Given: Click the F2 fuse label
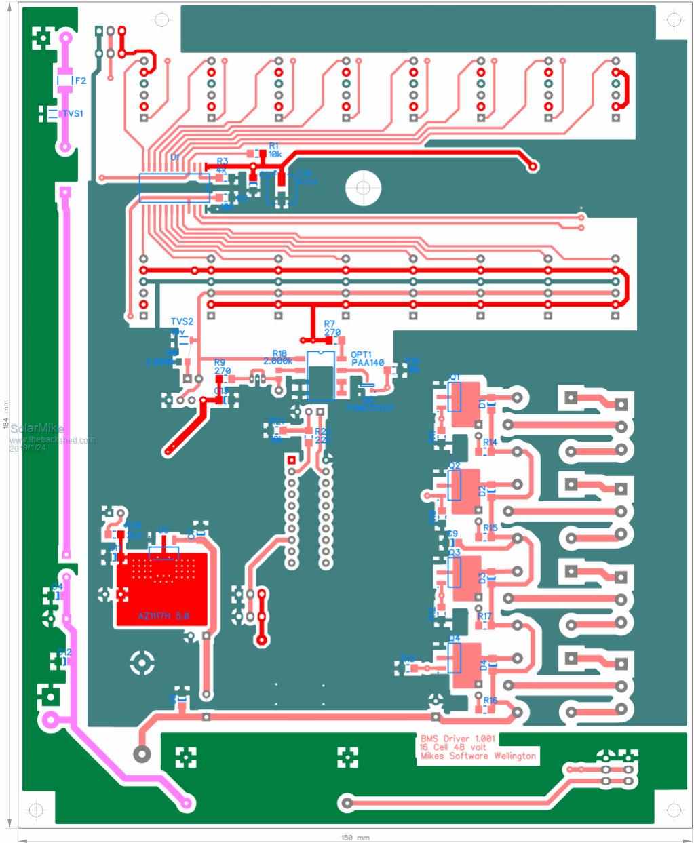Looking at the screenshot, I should [x=80, y=81].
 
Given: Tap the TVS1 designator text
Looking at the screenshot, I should [x=73, y=113].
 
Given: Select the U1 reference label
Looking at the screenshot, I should [x=175, y=157].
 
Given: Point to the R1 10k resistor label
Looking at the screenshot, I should [x=275, y=150].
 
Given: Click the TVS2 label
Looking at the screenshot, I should [x=182, y=321].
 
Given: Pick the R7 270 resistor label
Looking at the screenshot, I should [x=332, y=328].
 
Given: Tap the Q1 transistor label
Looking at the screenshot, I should [x=455, y=377].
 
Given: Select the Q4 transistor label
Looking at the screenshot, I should [x=455, y=639].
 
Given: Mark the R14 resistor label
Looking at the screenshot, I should [x=490, y=442].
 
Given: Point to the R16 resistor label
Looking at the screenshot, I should [x=490, y=700].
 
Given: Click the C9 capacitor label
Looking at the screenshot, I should [x=452, y=534].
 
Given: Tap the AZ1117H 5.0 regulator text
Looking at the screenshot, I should [x=163, y=616].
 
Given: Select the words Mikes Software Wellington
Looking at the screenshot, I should [x=478, y=756].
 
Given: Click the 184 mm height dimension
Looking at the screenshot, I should [x=7, y=415].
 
